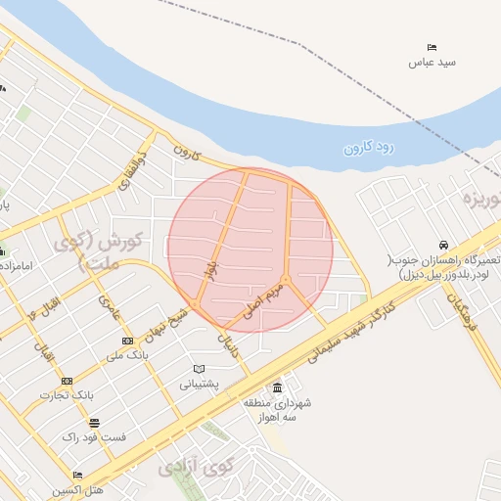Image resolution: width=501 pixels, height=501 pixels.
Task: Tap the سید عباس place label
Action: pos(433,63)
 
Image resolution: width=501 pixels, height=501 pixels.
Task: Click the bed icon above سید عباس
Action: pos(433,47)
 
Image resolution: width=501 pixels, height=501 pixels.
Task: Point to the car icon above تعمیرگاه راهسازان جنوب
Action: pos(444,245)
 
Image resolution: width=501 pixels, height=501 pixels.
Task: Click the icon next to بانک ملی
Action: pos(127,341)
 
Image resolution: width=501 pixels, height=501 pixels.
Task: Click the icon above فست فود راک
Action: pos(93,424)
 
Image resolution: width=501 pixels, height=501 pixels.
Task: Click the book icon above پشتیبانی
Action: pos(200,369)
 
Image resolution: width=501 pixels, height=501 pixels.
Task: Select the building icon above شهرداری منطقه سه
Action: pos(277,387)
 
